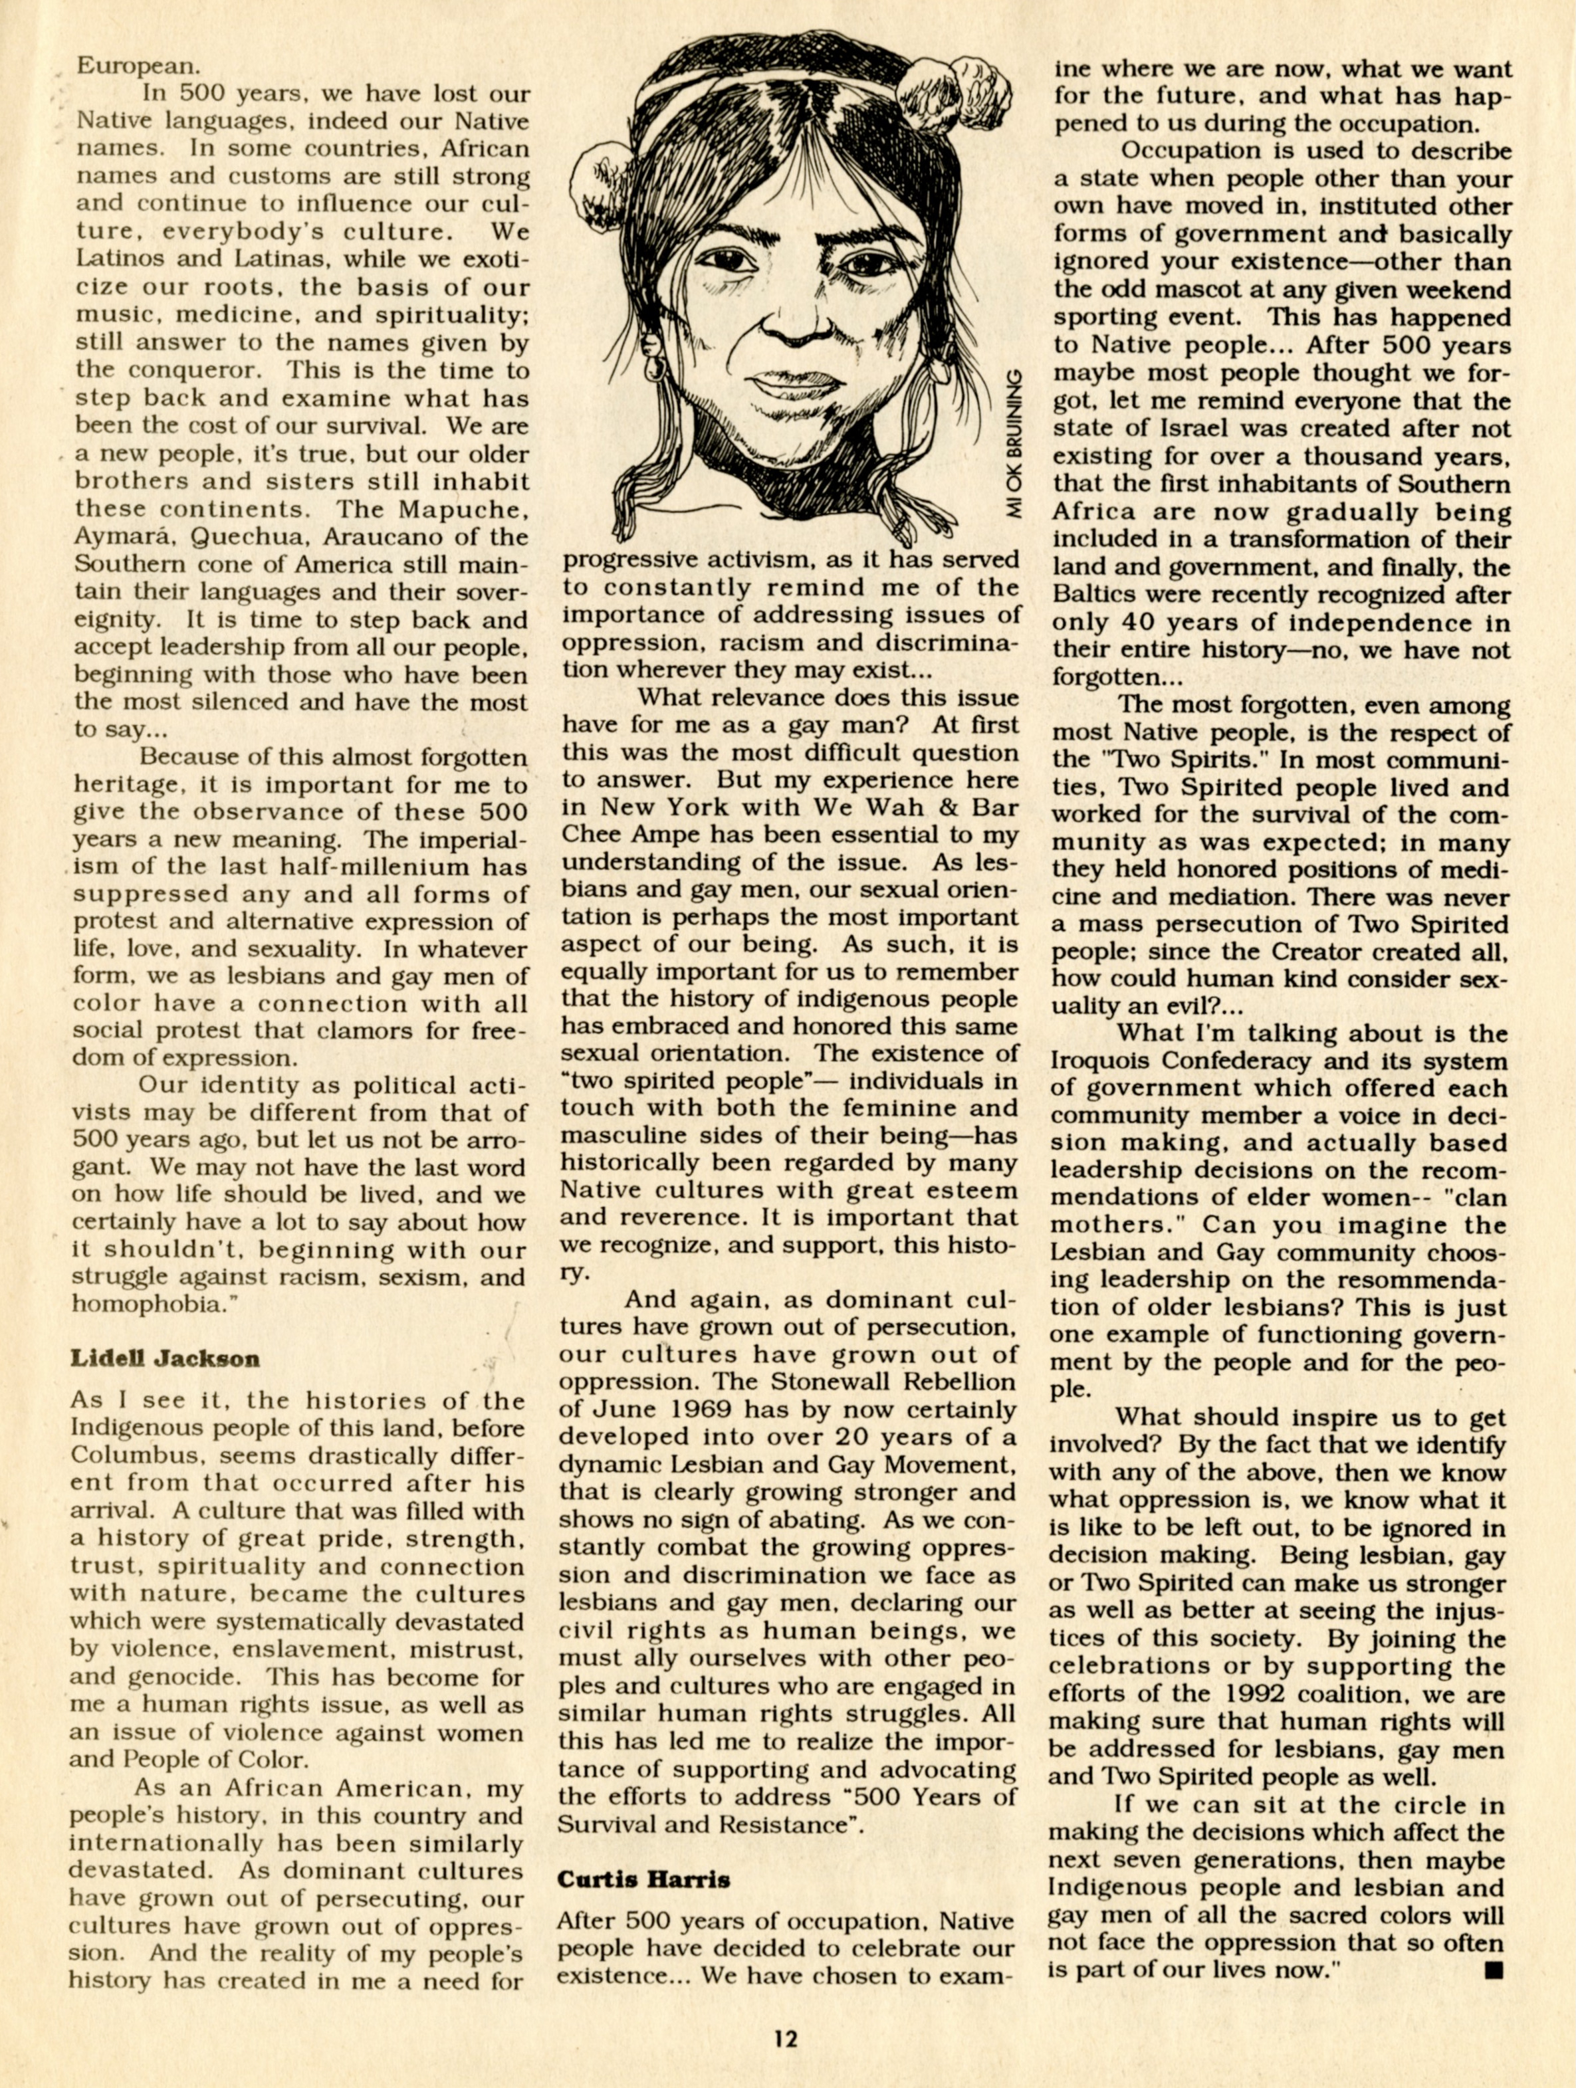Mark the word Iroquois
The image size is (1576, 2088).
pyautogui.click(x=1100, y=1061)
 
